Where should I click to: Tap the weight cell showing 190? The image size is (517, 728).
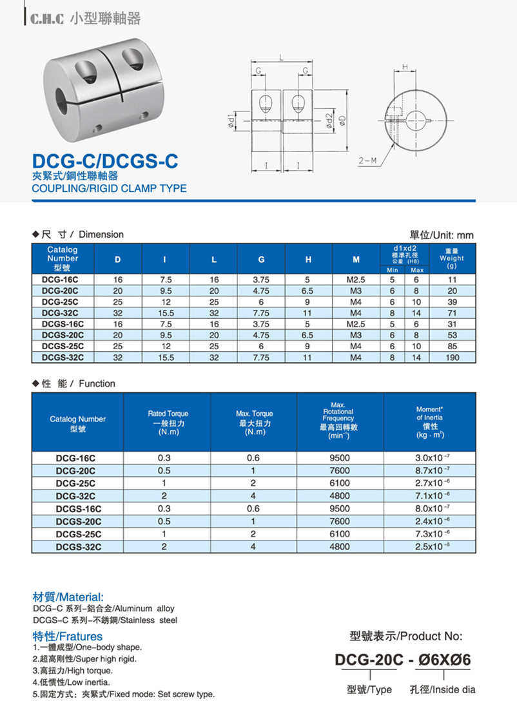coord(453,357)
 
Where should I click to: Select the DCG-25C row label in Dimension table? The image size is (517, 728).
coord(61,302)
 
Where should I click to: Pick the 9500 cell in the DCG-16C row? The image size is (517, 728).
coord(340,458)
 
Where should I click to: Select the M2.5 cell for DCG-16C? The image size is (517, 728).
coord(356,280)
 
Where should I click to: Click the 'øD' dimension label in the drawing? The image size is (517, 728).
coord(343,120)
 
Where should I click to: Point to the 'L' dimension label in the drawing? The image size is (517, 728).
coord(282,59)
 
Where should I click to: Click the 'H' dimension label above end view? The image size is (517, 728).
coord(405,66)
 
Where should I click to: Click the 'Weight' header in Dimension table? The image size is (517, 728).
coord(451,258)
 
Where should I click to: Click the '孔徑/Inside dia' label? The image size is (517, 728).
coord(442,689)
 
